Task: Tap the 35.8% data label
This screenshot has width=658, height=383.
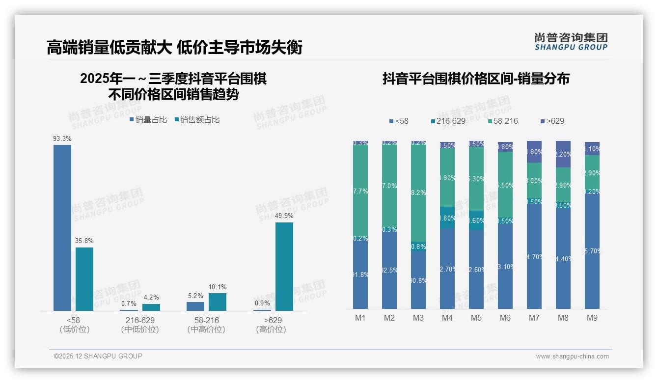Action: point(84,241)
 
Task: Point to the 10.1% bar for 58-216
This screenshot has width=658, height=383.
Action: point(217,302)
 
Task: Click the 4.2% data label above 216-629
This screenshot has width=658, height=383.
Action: point(151,297)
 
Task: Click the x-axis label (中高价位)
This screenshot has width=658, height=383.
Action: point(206,329)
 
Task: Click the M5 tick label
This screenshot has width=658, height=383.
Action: point(476,318)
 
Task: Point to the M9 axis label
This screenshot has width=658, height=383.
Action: point(592,318)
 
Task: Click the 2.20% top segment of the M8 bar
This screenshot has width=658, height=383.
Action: point(563,154)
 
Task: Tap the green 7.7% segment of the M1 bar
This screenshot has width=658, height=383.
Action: point(360,191)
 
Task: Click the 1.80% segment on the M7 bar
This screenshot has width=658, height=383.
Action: point(534,152)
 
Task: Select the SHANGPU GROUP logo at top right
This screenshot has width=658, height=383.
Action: point(571,41)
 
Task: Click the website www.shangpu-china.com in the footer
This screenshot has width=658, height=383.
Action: point(572,356)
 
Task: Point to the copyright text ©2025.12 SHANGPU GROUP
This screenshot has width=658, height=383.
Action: point(98,356)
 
